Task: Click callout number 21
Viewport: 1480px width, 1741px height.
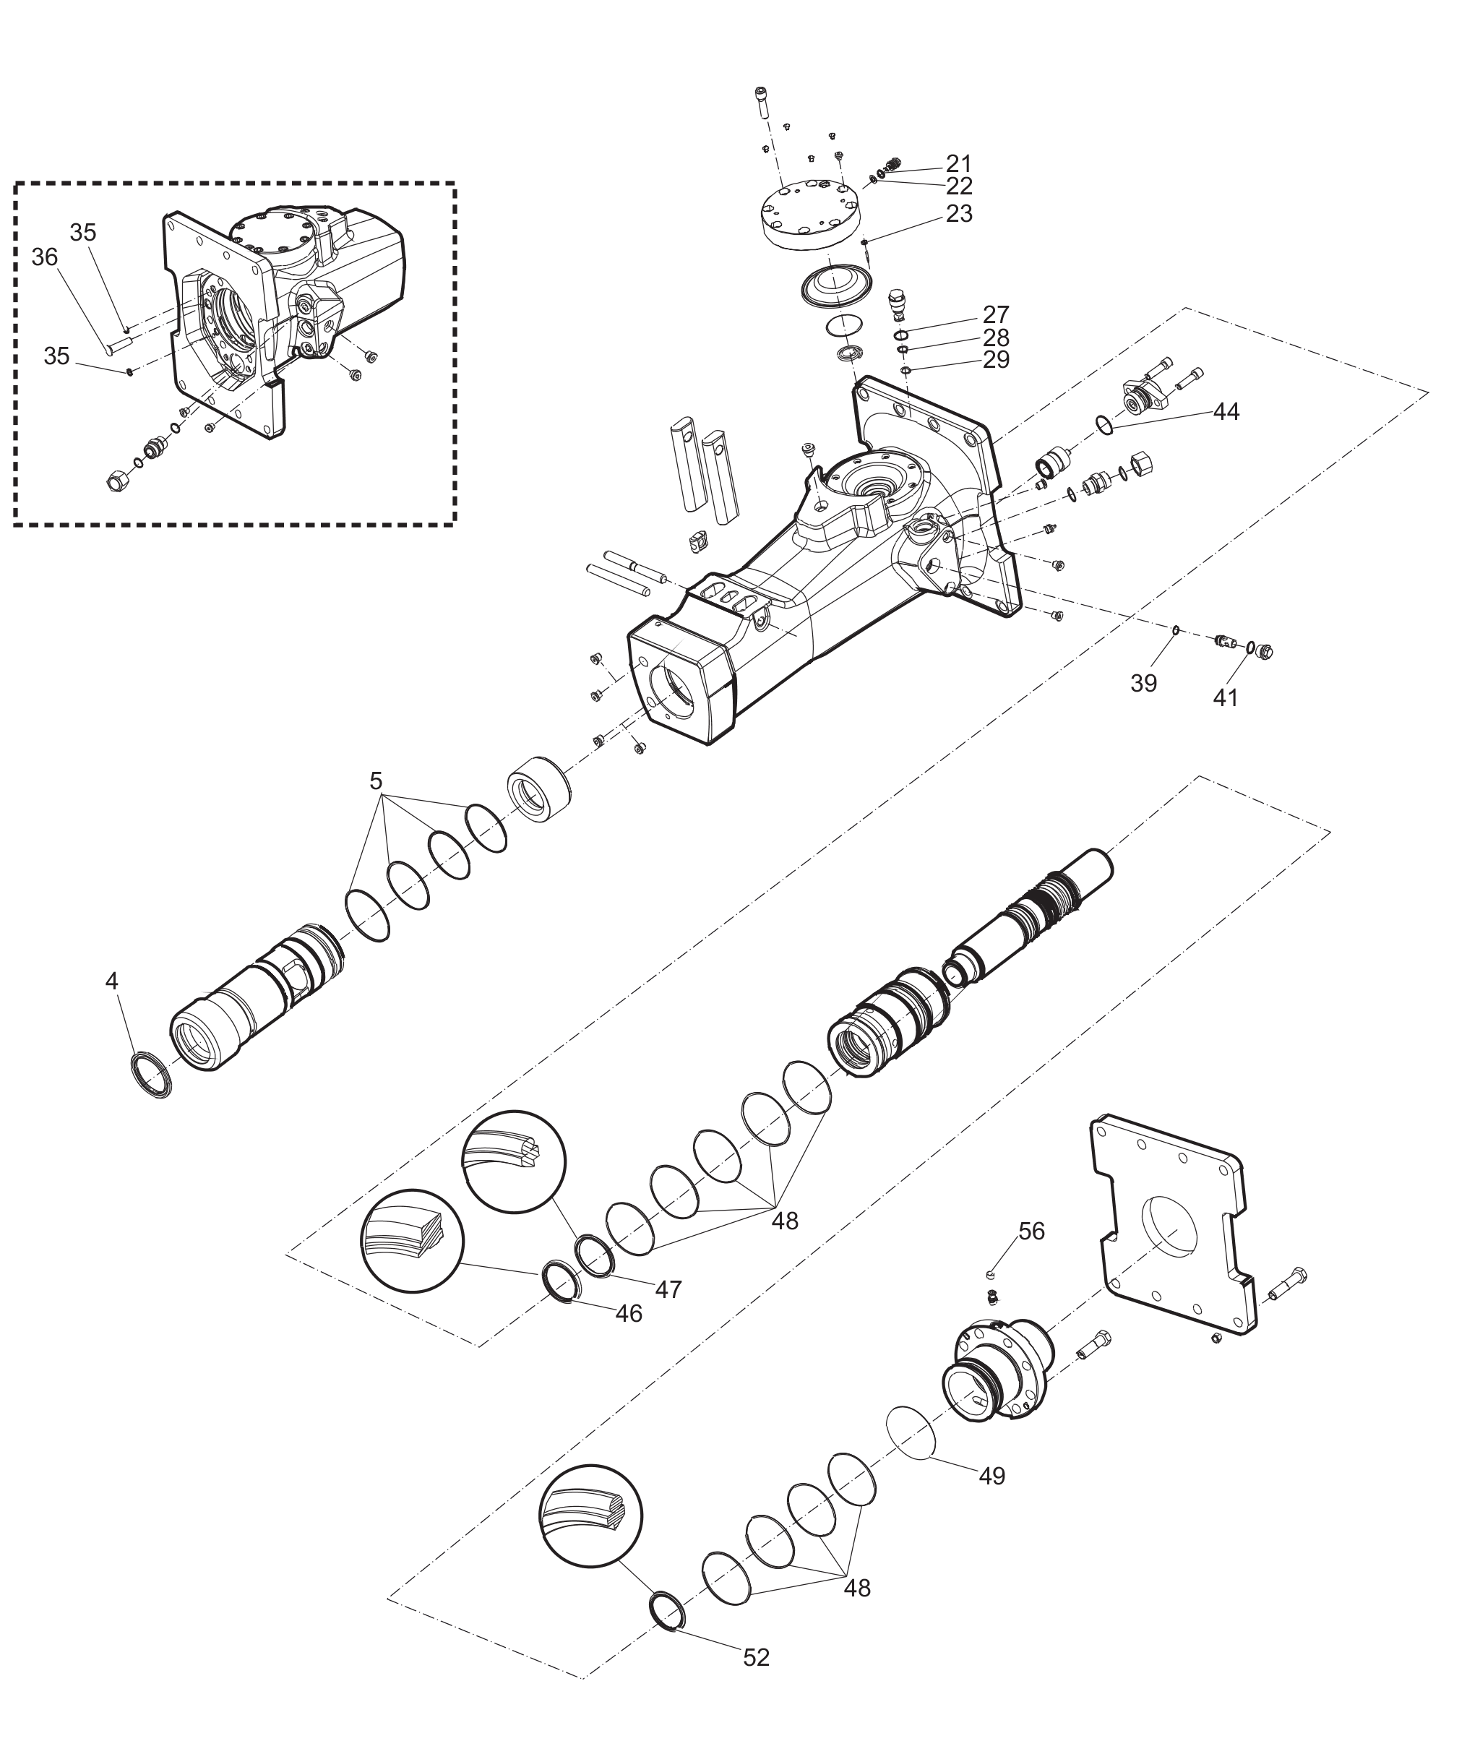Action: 959,163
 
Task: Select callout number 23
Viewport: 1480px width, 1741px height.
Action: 959,214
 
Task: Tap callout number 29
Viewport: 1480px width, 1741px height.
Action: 996,359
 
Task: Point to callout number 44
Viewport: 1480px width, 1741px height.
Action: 1226,411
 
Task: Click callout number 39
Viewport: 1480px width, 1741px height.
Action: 1143,683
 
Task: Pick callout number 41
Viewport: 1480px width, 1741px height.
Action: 1226,697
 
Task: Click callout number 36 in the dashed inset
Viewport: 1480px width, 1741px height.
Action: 45,257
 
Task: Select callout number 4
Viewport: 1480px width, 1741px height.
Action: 111,980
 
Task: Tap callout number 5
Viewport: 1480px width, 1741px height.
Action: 376,781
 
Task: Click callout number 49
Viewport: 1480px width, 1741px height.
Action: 991,1476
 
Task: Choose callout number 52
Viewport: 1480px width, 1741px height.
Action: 756,1657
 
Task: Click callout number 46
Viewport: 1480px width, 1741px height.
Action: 629,1313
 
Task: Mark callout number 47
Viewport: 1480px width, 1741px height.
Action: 668,1289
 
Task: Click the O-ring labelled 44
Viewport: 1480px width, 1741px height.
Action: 1106,426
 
